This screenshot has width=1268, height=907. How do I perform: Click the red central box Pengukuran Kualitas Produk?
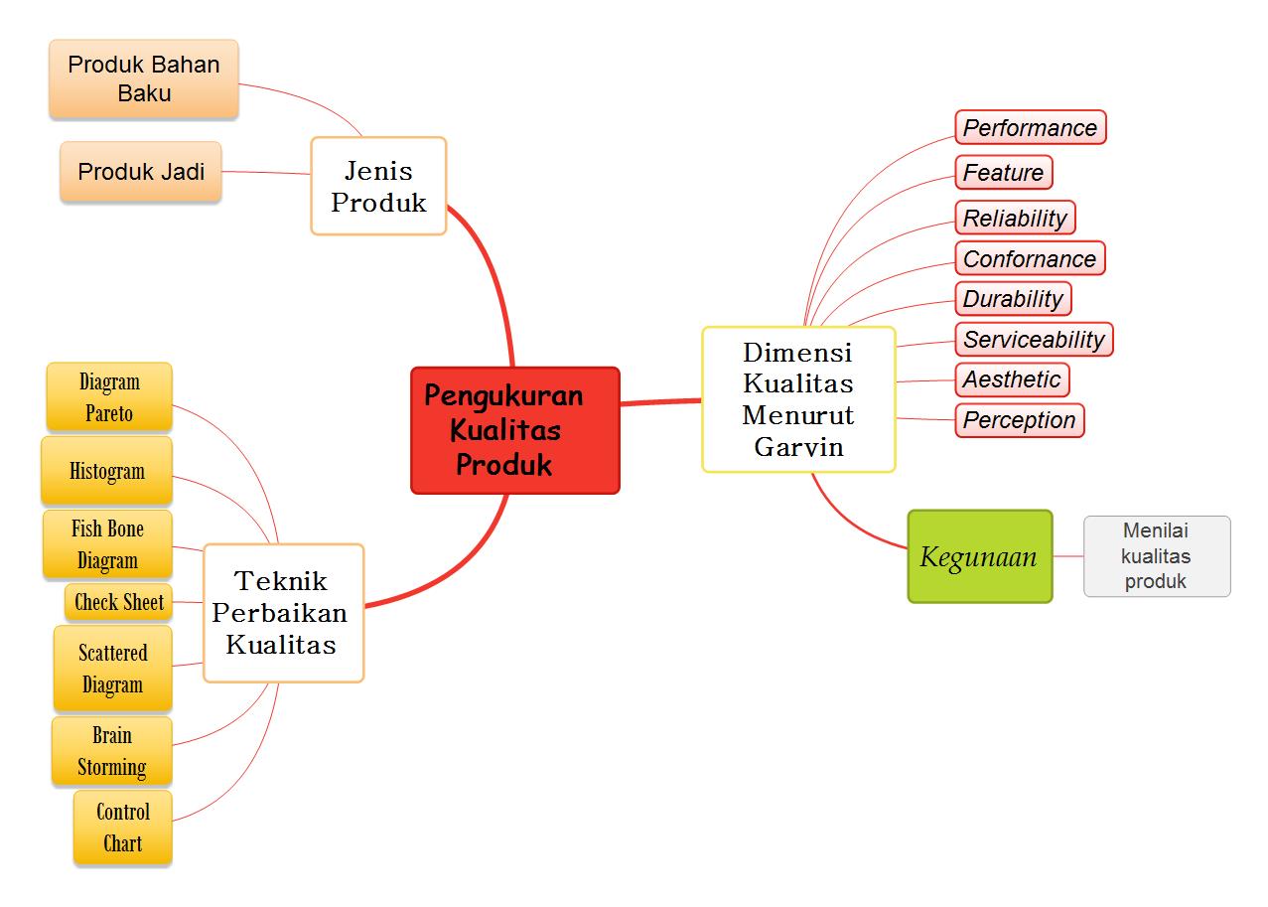pos(514,430)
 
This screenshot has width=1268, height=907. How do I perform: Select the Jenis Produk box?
pos(378,186)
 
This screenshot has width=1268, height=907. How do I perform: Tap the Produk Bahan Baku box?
pos(144,79)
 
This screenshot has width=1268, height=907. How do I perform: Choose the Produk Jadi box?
pos(141,172)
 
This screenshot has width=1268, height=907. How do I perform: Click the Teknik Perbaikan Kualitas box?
pos(283,613)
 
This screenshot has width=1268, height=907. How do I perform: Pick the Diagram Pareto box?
pos(109,397)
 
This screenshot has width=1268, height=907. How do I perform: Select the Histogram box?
pos(107,471)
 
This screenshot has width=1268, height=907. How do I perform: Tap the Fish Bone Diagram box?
pos(107,544)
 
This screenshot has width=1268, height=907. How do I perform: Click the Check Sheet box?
pos(119,602)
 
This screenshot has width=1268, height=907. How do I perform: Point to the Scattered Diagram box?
pos(113,669)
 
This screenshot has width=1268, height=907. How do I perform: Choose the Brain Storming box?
pos(112,751)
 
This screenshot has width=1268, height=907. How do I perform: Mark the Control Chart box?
pos(123,828)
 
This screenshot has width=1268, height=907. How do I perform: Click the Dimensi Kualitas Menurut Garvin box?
pos(798,399)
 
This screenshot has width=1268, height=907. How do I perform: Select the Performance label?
pos(1030,128)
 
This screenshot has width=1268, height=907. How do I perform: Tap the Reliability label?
pos(1015,219)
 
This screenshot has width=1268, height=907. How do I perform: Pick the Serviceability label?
pos(1034,340)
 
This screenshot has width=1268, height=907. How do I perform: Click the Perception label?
pos(1019,420)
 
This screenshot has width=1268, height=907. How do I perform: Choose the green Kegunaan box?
pos(979,556)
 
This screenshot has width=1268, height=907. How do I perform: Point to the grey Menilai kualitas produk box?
pos(1157,556)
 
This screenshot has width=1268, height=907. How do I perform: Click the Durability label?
pos(1013,299)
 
